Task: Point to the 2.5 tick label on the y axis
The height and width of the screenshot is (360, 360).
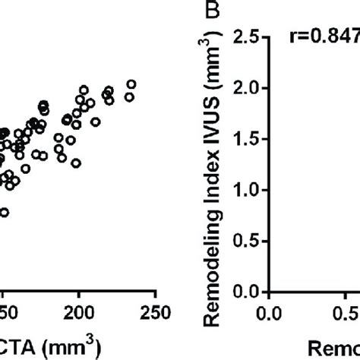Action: tap(250, 36)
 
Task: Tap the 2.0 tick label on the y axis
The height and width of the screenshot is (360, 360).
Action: tap(250, 88)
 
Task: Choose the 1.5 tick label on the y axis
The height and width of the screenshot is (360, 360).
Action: tap(250, 140)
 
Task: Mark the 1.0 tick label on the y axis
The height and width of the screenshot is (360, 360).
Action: tap(250, 191)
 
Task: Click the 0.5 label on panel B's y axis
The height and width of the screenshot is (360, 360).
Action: tap(250, 242)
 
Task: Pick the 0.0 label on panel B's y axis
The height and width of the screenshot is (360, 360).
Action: tap(250, 293)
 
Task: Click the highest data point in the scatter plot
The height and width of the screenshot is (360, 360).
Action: tap(131, 84)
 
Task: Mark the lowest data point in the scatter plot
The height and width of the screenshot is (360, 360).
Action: tap(4, 213)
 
